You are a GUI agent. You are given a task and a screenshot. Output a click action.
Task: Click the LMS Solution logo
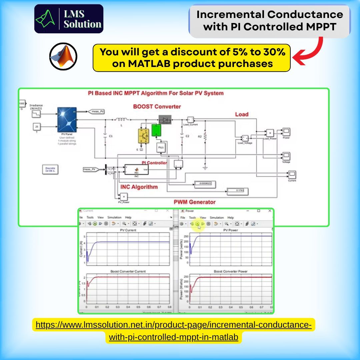click(x=69, y=19)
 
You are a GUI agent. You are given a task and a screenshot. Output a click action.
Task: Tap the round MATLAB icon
click(x=63, y=56)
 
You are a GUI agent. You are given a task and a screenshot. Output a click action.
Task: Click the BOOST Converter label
click(x=157, y=107)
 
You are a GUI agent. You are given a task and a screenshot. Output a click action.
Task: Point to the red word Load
click(x=242, y=114)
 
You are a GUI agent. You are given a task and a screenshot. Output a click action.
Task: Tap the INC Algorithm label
click(x=139, y=187)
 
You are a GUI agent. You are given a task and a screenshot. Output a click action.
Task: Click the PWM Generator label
click(x=195, y=202)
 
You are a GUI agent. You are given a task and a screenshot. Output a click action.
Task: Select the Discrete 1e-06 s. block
click(x=50, y=170)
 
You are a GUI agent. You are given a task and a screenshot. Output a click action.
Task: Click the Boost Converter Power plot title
click(x=230, y=272)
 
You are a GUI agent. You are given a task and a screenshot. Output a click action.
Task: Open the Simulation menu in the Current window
click(x=114, y=217)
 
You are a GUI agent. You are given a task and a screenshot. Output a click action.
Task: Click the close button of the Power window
click(x=270, y=211)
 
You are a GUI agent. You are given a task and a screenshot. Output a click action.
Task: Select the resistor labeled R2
click(x=205, y=137)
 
